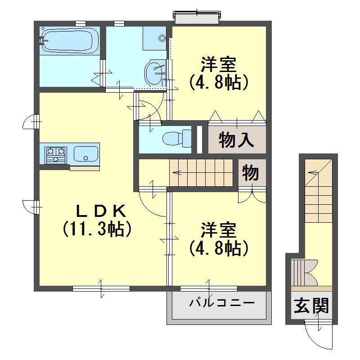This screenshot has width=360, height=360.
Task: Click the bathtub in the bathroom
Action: (70, 41)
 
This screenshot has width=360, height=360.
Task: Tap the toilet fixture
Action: (177, 138)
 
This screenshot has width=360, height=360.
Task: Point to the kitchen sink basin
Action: (85, 153)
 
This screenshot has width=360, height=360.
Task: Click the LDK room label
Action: (101, 211)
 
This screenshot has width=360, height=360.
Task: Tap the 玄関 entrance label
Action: (311, 306)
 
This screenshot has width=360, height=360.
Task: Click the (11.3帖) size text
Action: (97, 229)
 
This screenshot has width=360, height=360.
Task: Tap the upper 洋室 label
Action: (219, 64)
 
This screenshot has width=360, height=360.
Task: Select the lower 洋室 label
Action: (219, 230)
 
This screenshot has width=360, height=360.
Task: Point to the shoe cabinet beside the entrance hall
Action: (304, 273)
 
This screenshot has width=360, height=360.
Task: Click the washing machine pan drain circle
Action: (162, 38)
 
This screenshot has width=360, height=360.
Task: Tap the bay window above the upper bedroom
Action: (197, 17)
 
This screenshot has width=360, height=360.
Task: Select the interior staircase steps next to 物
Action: (201, 173)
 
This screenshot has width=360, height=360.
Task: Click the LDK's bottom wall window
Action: (101, 288)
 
